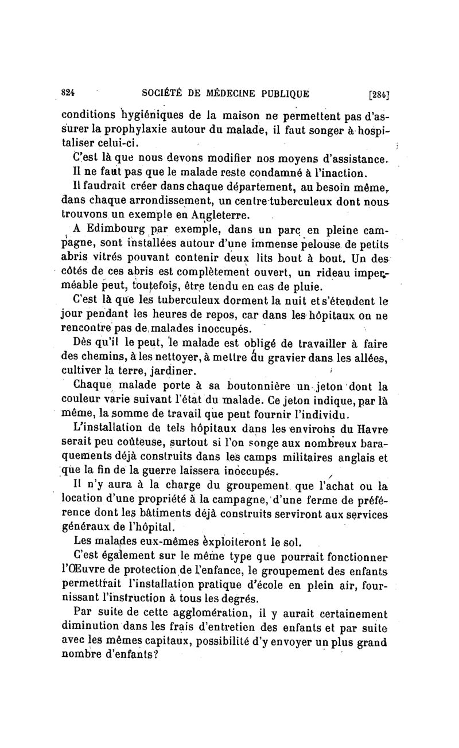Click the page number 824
coord(69,93)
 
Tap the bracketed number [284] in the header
coord(379,94)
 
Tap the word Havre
coord(374,427)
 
